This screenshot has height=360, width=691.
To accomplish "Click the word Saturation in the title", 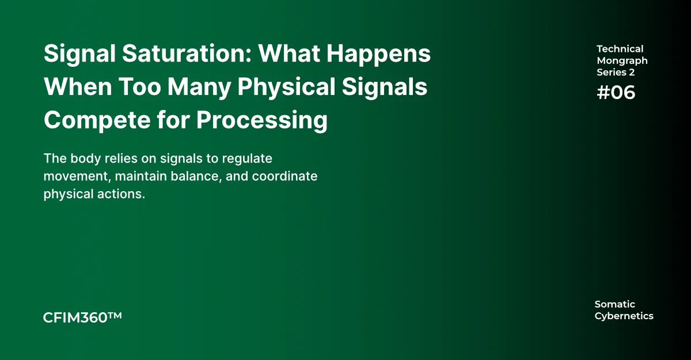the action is click(187, 54).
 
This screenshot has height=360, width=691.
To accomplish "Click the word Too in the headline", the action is click(140, 86).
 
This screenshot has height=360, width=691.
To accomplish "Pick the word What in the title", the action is click(289, 54).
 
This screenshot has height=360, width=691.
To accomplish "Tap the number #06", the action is click(616, 92).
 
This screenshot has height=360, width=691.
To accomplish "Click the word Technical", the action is click(620, 49).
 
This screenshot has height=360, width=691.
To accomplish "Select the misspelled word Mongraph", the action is click(622, 61).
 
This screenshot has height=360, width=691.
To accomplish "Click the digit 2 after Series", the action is click(632, 72).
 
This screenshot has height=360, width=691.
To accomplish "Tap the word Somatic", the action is click(615, 304).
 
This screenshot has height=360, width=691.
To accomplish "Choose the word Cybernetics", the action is click(624, 316).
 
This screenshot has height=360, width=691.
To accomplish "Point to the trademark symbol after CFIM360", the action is click(115, 315).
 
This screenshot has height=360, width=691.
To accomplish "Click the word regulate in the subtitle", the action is click(247, 159).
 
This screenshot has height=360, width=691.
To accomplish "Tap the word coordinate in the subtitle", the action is click(284, 176).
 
